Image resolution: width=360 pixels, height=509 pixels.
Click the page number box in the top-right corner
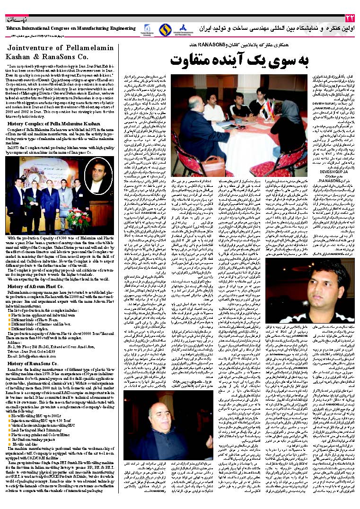pyautogui.click(x=350, y=18)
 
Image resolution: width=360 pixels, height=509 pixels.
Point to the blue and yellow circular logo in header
pyautogui.click(x=164, y=29)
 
